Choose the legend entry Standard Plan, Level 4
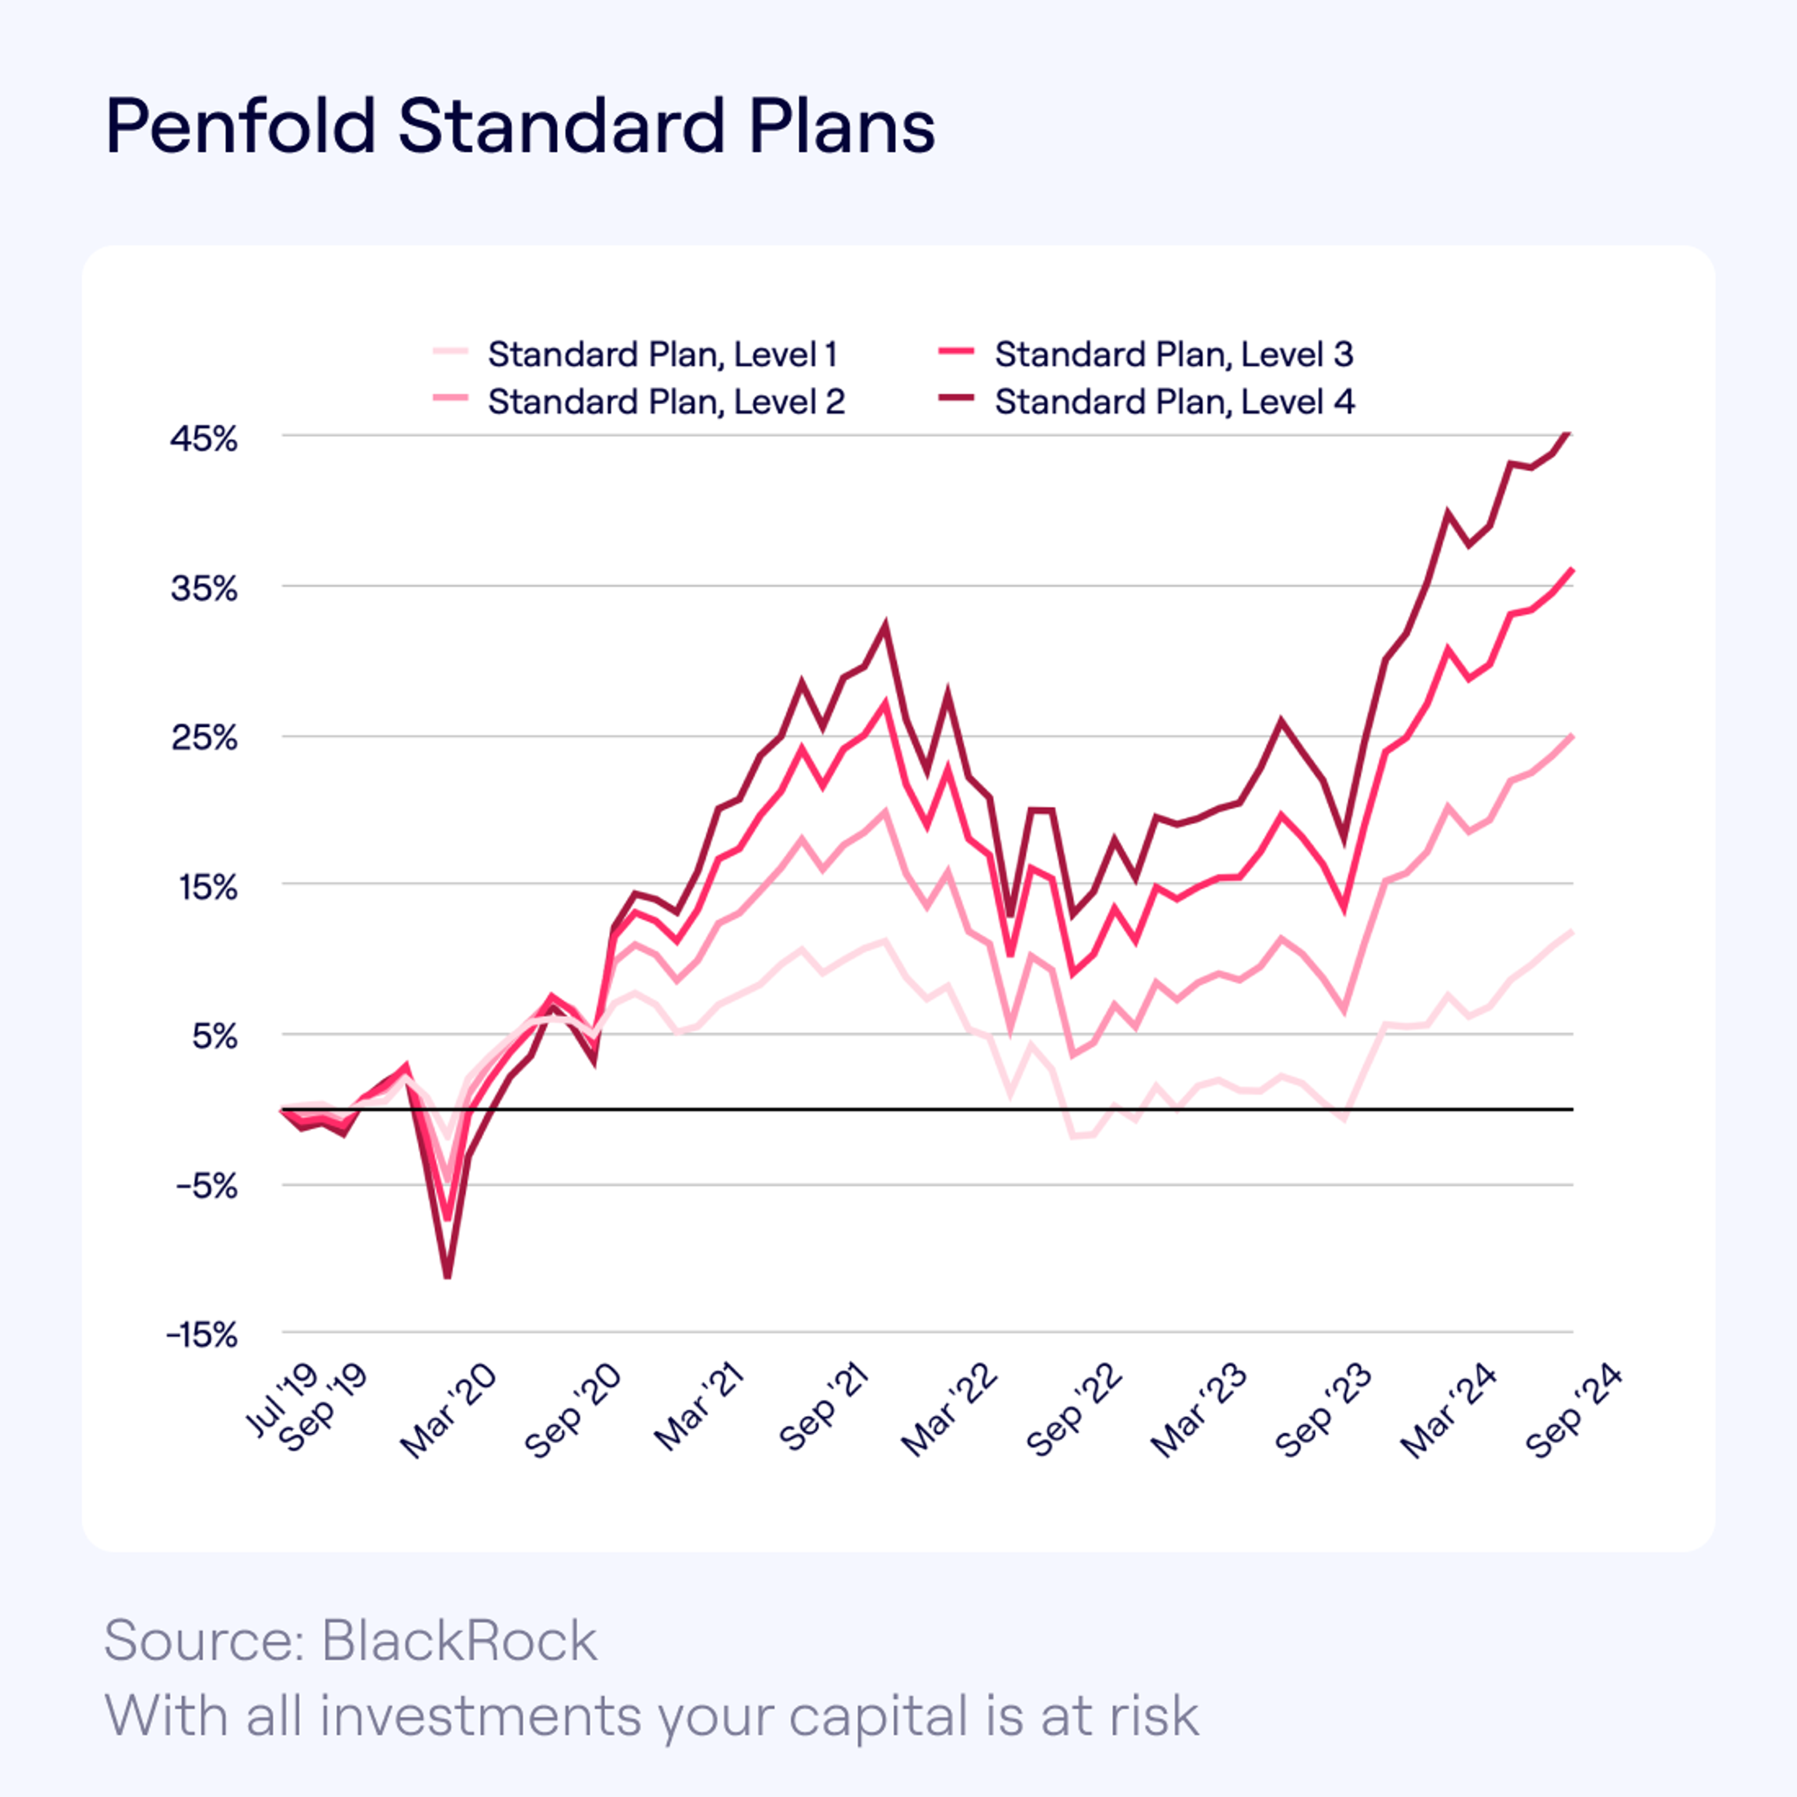(x=1174, y=402)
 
